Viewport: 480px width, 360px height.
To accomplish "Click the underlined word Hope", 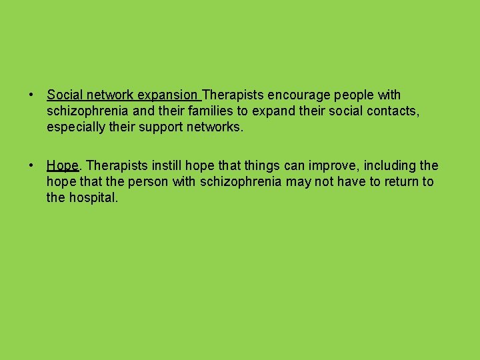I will [63, 165].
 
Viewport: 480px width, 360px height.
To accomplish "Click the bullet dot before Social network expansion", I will [31, 95].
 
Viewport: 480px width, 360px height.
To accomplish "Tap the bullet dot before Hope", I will [31, 165].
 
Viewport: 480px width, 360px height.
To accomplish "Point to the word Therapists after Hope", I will [113, 165].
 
